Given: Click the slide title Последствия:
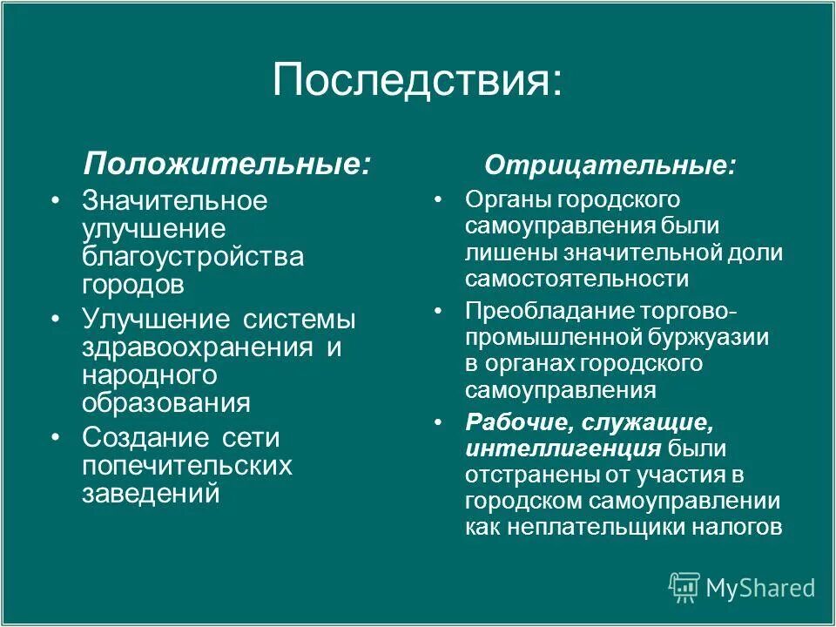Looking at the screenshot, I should tap(417, 80).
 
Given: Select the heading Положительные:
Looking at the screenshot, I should tap(226, 163).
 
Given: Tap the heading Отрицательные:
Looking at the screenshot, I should tap(610, 165).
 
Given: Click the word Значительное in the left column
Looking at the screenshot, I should tap(175, 201).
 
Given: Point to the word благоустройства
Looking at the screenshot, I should tap(193, 257).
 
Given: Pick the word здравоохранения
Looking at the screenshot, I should tap(198, 347).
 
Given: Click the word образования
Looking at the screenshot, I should tap(166, 404).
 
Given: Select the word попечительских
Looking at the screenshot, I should tap(187, 466).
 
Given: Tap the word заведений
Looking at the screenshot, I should tap(150, 494).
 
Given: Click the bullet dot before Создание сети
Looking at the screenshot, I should tap(57, 436).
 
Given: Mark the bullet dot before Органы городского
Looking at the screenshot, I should tap(439, 199).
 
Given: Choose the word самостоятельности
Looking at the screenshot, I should tap(576, 279).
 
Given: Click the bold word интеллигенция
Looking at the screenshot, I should tap(563, 448).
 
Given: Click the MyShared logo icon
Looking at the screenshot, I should tap(684, 587).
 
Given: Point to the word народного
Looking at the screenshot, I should tap(149, 375).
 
